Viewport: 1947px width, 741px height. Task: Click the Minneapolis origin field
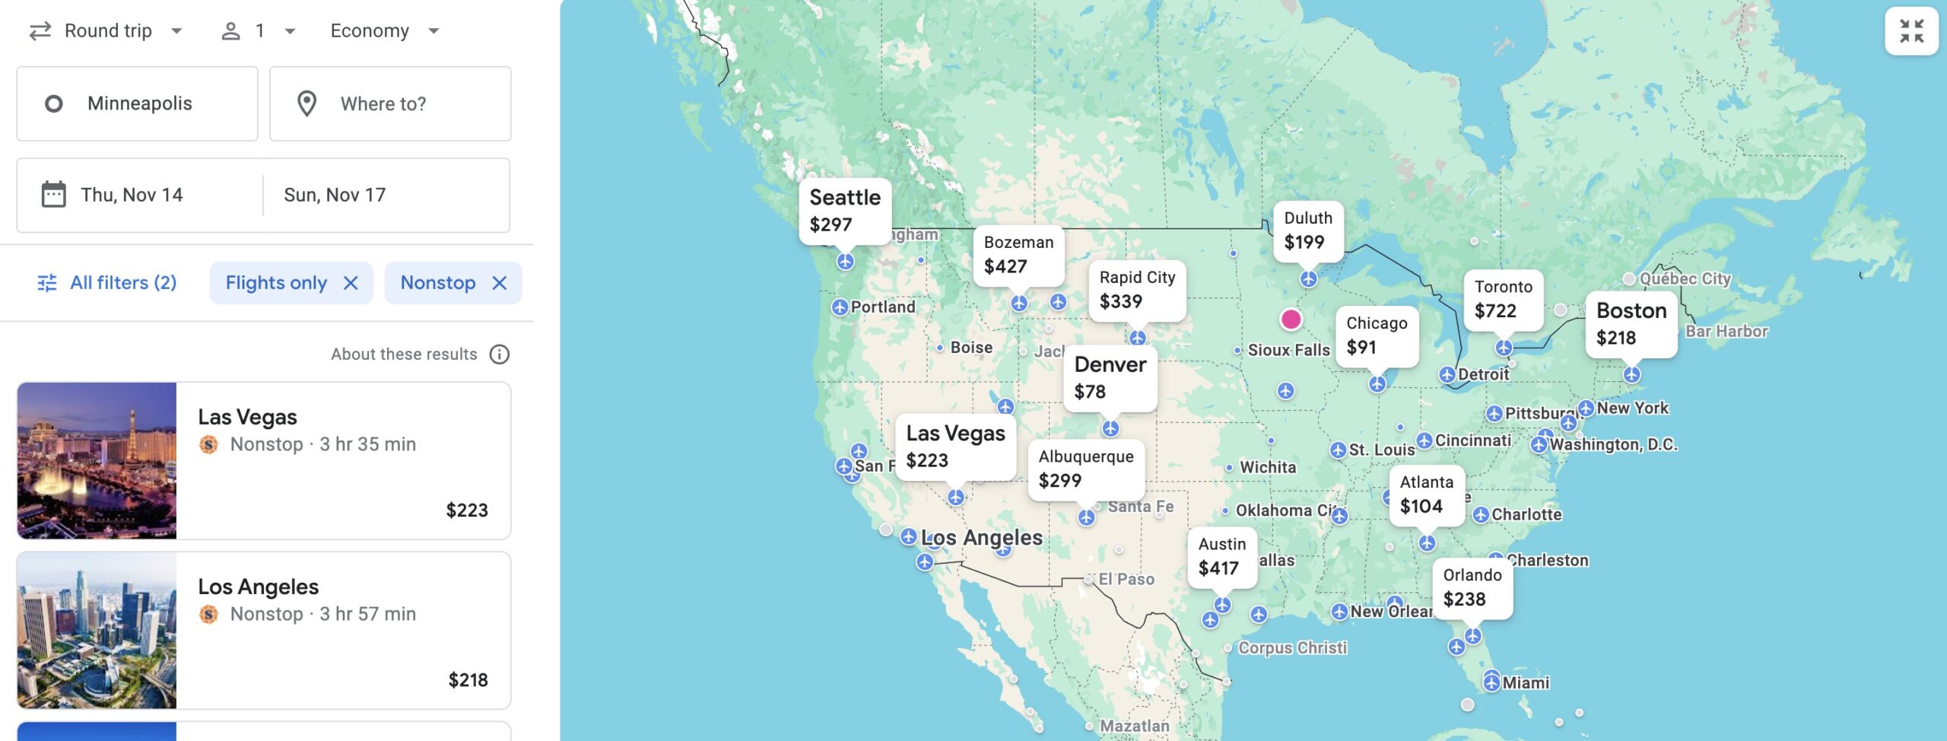(x=138, y=103)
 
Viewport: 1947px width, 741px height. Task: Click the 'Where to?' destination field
(x=390, y=103)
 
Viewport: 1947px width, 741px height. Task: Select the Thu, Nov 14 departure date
(x=132, y=195)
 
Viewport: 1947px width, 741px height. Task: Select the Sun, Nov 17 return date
(x=335, y=195)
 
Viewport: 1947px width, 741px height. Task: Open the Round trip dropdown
(x=106, y=31)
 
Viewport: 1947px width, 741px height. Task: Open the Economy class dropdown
(x=385, y=31)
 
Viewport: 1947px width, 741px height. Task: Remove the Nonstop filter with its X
(x=500, y=283)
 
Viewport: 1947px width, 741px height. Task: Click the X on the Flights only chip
(x=351, y=283)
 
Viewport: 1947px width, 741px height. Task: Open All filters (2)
(x=107, y=283)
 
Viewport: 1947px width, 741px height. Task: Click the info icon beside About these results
(x=500, y=354)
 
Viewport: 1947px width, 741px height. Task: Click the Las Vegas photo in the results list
(x=97, y=460)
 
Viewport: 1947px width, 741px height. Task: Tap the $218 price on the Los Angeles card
(x=468, y=679)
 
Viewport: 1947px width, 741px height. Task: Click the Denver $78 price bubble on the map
(x=1110, y=377)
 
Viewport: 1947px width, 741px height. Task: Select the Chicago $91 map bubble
(x=1377, y=335)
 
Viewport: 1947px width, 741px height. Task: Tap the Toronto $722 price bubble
(x=1503, y=299)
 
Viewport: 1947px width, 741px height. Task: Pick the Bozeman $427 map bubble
(x=1018, y=254)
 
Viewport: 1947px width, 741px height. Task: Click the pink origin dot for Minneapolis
(x=1291, y=319)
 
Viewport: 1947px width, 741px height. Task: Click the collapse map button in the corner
(x=1911, y=31)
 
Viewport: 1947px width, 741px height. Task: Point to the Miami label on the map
(x=1525, y=682)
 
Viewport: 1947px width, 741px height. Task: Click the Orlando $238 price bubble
(x=1472, y=587)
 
